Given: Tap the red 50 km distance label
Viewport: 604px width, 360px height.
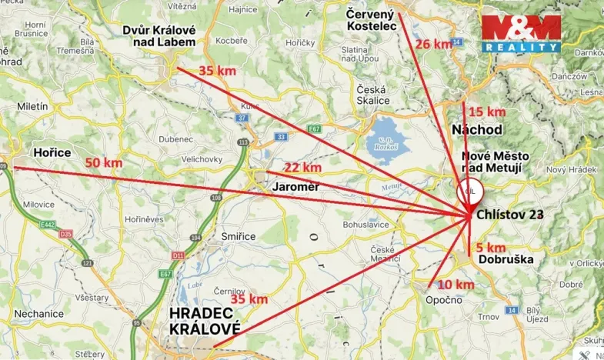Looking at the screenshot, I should pyautogui.click(x=103, y=163).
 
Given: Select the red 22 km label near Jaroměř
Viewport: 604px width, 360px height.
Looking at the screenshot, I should pyautogui.click(x=302, y=168).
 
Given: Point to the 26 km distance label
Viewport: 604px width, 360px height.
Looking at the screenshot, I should pyautogui.click(x=434, y=44).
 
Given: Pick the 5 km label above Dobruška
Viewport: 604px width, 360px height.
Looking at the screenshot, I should pyautogui.click(x=491, y=247).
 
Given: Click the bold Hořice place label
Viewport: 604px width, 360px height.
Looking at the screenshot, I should pyautogui.click(x=52, y=153).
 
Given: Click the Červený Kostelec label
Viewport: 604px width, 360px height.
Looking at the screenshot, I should pyautogui.click(x=371, y=20).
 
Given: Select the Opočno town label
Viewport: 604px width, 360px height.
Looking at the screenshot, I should pyautogui.click(x=444, y=299).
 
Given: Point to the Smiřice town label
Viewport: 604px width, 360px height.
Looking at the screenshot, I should pyautogui.click(x=239, y=236).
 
